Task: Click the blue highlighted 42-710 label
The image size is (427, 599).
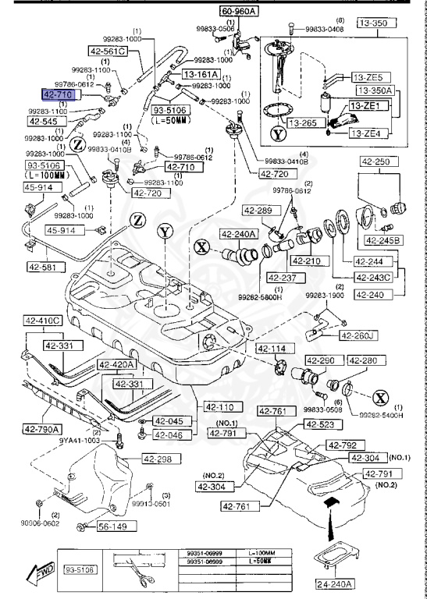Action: (59, 94)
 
